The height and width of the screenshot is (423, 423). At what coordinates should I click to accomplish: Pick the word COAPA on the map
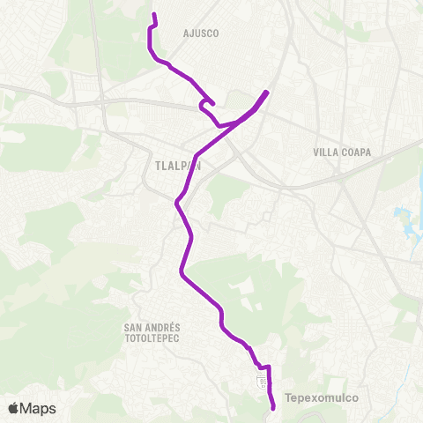tap(355, 152)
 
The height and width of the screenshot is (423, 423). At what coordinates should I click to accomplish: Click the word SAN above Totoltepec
tap(135, 327)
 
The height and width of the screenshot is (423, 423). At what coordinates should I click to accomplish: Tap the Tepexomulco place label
tap(321, 397)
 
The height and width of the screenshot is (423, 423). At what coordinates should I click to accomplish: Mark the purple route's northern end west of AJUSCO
tap(154, 15)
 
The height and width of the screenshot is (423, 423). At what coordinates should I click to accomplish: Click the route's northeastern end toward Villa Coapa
tap(266, 92)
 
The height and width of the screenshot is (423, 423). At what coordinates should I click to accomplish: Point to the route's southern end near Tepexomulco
tap(273, 407)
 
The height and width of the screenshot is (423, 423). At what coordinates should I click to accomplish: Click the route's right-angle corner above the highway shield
tap(269, 366)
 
